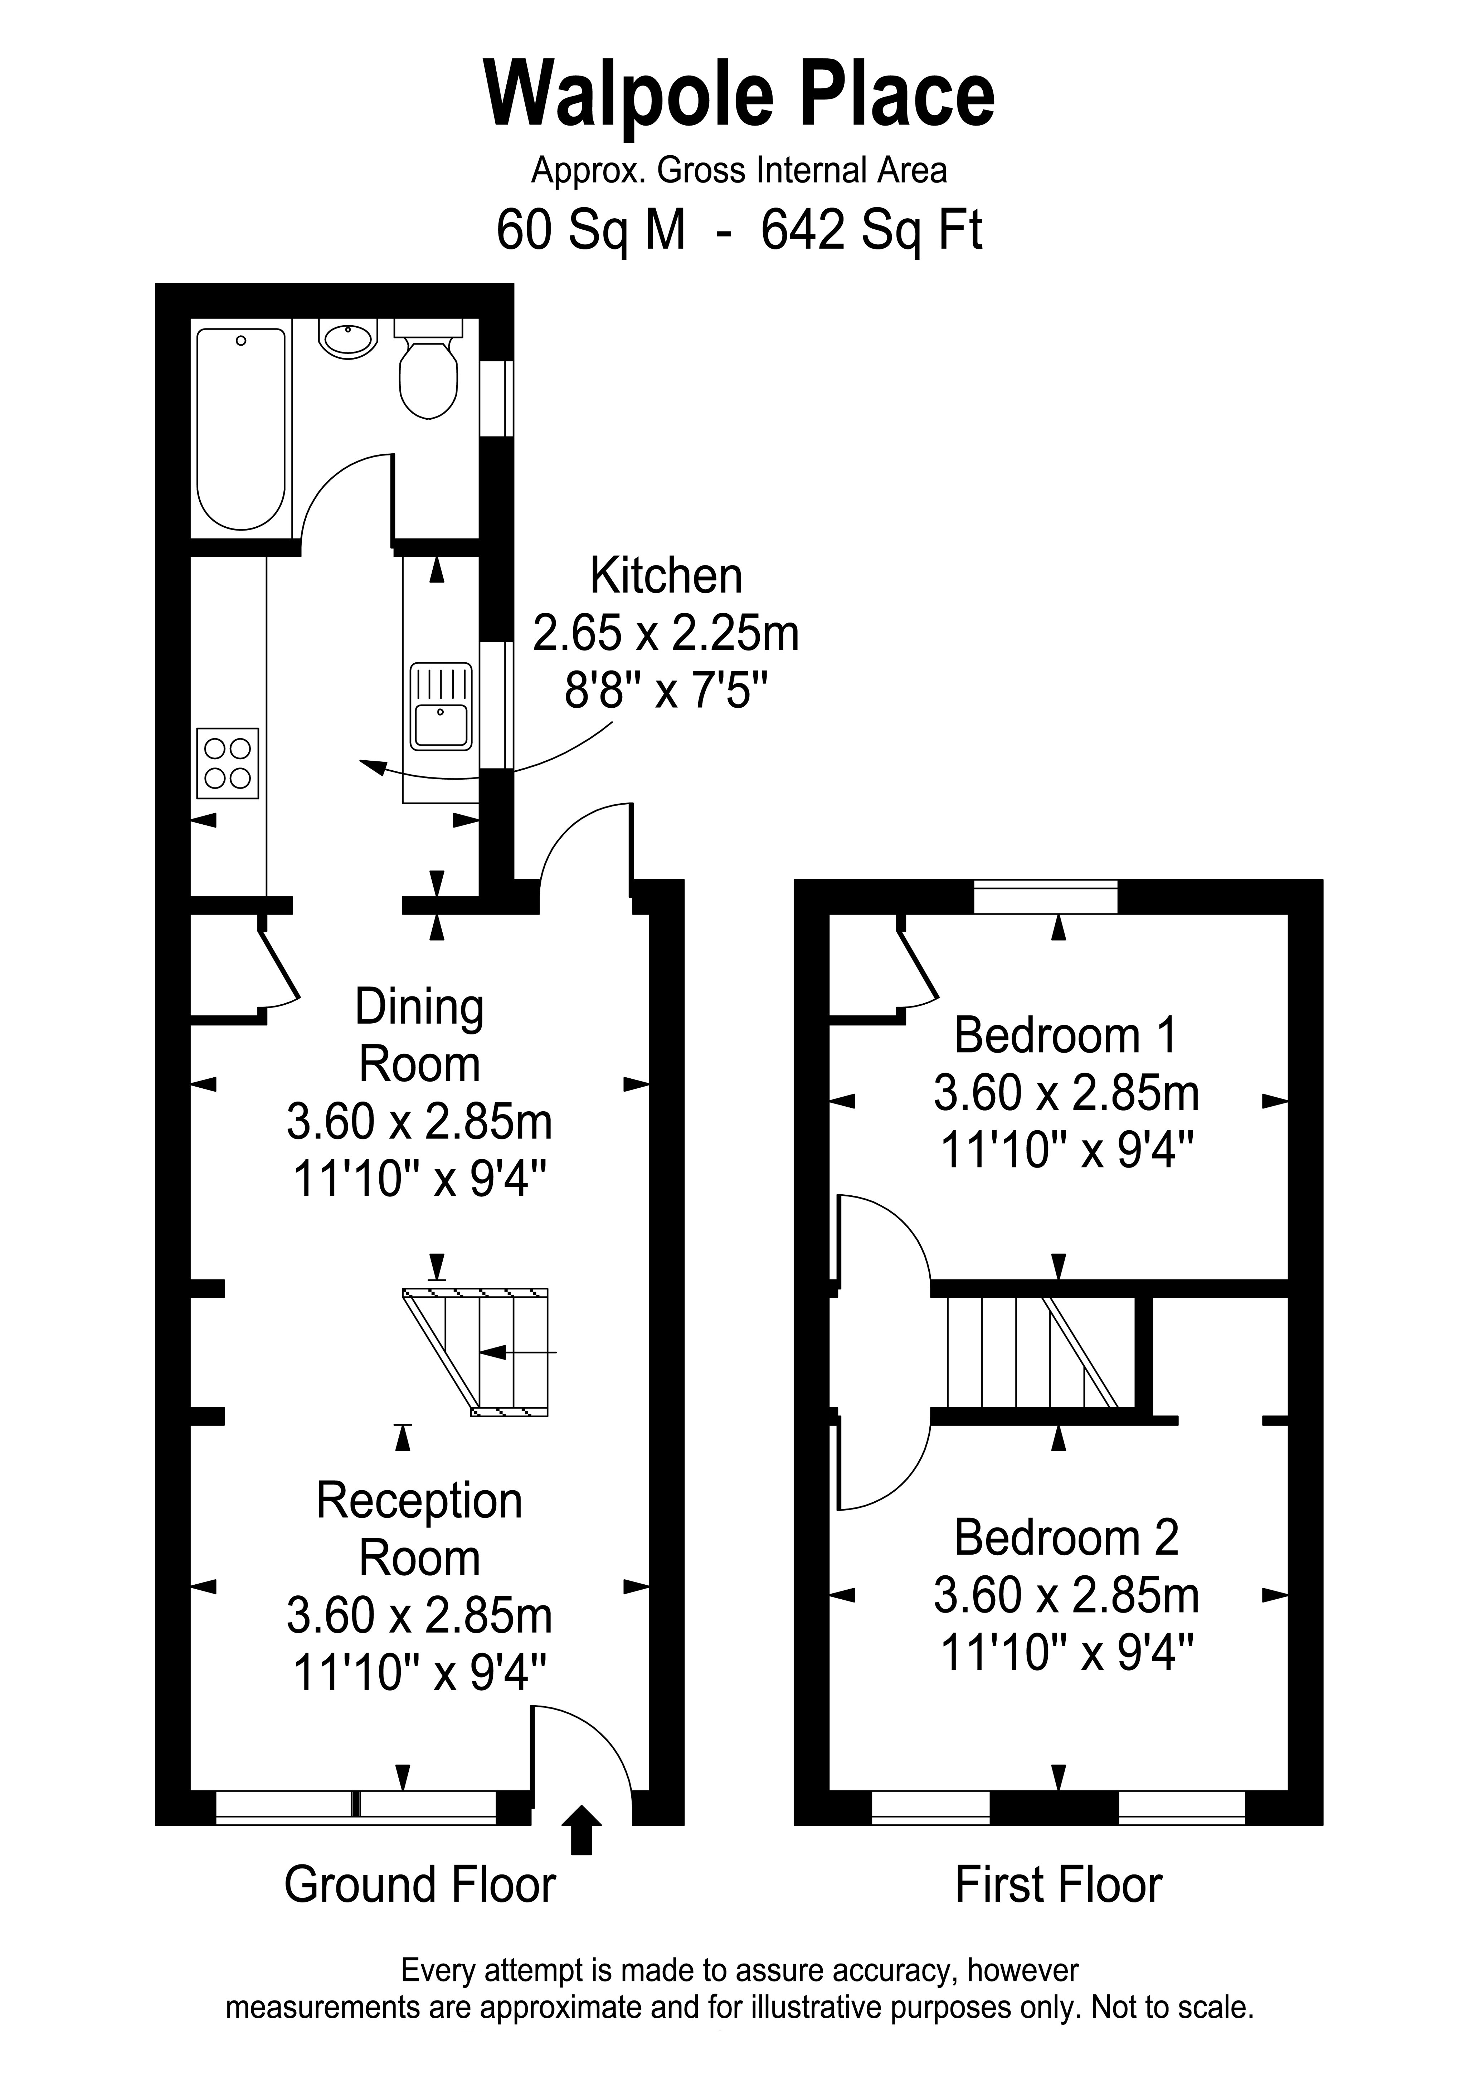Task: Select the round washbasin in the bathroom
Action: [348, 339]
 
